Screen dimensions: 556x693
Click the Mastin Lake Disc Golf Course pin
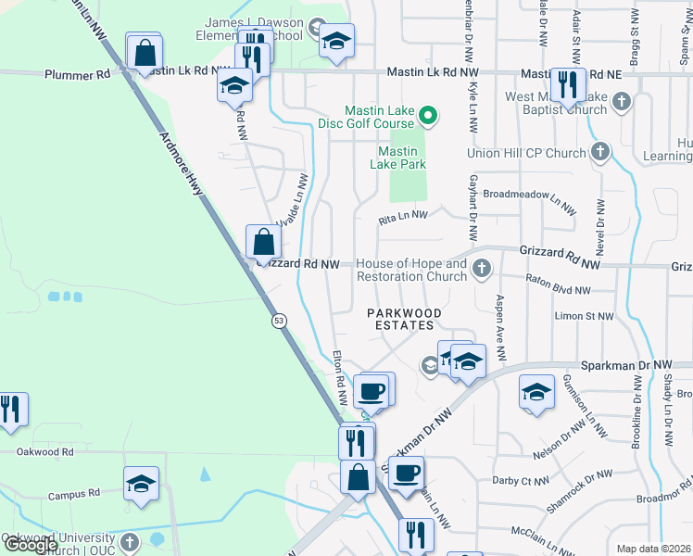click(428, 116)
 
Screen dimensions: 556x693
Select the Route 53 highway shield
click(278, 321)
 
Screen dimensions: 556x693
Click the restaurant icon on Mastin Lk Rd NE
click(565, 85)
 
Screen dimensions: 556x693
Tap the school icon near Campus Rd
click(141, 484)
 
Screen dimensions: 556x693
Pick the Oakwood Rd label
click(44, 452)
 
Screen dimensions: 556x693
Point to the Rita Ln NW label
click(403, 218)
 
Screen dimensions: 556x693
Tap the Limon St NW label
click(584, 316)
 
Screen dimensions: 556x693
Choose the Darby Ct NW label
click(523, 480)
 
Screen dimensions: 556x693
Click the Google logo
click(30, 544)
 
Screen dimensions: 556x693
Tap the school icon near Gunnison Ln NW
click(536, 392)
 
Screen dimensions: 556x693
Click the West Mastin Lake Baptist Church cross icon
click(621, 101)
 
